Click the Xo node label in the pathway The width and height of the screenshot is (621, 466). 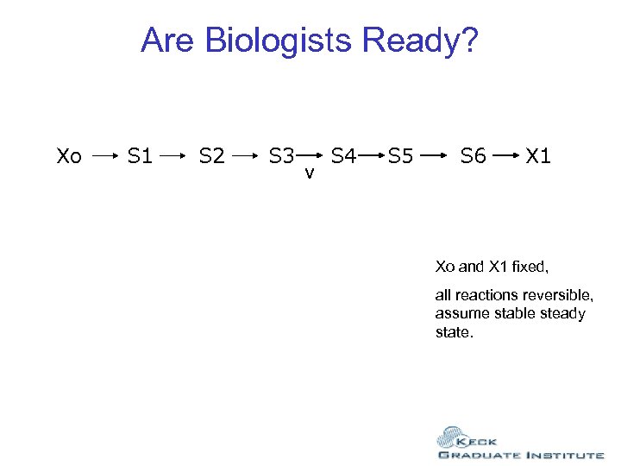coord(69,157)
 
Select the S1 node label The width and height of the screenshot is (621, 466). coord(140,157)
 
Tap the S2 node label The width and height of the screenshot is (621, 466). coord(212,157)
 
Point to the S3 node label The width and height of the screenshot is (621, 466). coord(281,157)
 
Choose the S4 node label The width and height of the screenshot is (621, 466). coord(344,157)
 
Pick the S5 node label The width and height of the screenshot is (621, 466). coord(401,157)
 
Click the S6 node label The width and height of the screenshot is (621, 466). coord(474,157)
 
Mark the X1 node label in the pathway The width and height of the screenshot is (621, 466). coord(538,157)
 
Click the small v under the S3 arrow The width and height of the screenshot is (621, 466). coord(309,175)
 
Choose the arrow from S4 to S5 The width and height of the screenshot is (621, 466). coord(373,157)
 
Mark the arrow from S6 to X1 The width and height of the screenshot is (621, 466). coord(508,157)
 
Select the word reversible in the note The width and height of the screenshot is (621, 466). coord(556,295)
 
